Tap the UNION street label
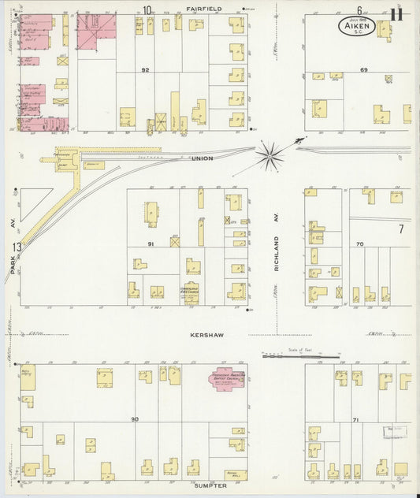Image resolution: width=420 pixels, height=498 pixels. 202,158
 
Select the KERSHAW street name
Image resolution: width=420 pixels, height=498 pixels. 206,335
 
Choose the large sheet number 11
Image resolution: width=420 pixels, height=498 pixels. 396,13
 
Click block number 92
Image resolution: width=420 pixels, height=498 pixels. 145,70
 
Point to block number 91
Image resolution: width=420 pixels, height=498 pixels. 149,244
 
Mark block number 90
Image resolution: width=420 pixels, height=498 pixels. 135,419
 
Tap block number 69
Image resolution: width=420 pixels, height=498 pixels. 364,70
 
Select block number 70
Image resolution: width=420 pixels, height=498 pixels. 359,244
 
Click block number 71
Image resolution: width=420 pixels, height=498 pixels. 356,420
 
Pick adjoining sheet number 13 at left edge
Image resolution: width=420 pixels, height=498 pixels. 16,247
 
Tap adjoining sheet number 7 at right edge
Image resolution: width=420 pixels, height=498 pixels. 400,229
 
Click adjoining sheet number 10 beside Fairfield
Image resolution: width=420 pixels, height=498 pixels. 147,10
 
